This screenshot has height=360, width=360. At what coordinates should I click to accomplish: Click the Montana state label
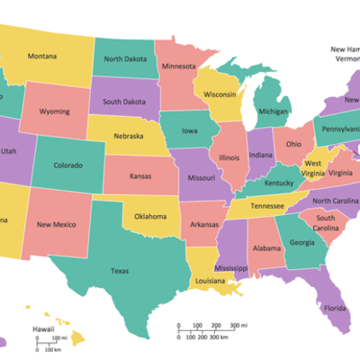[41, 57]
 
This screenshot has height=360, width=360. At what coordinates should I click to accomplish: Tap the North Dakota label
[125, 58]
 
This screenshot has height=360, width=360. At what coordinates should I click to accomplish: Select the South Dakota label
[124, 101]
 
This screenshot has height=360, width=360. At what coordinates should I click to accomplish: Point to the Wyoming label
[55, 112]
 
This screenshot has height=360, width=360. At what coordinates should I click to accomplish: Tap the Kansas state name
[139, 176]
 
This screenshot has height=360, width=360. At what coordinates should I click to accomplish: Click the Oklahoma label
[150, 216]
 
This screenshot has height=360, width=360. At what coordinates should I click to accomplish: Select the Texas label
[119, 270]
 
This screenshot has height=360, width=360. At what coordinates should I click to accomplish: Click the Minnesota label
[179, 67]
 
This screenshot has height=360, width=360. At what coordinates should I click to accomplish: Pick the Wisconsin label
[220, 94]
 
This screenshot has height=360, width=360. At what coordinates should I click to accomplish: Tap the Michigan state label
[274, 112]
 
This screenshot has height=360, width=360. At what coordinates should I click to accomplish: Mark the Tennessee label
[267, 205]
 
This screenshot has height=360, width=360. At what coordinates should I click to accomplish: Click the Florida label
[335, 309]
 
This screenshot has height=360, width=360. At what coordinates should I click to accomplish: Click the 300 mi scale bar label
[238, 324]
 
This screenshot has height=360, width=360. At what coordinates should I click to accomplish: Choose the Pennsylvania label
[339, 128]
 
